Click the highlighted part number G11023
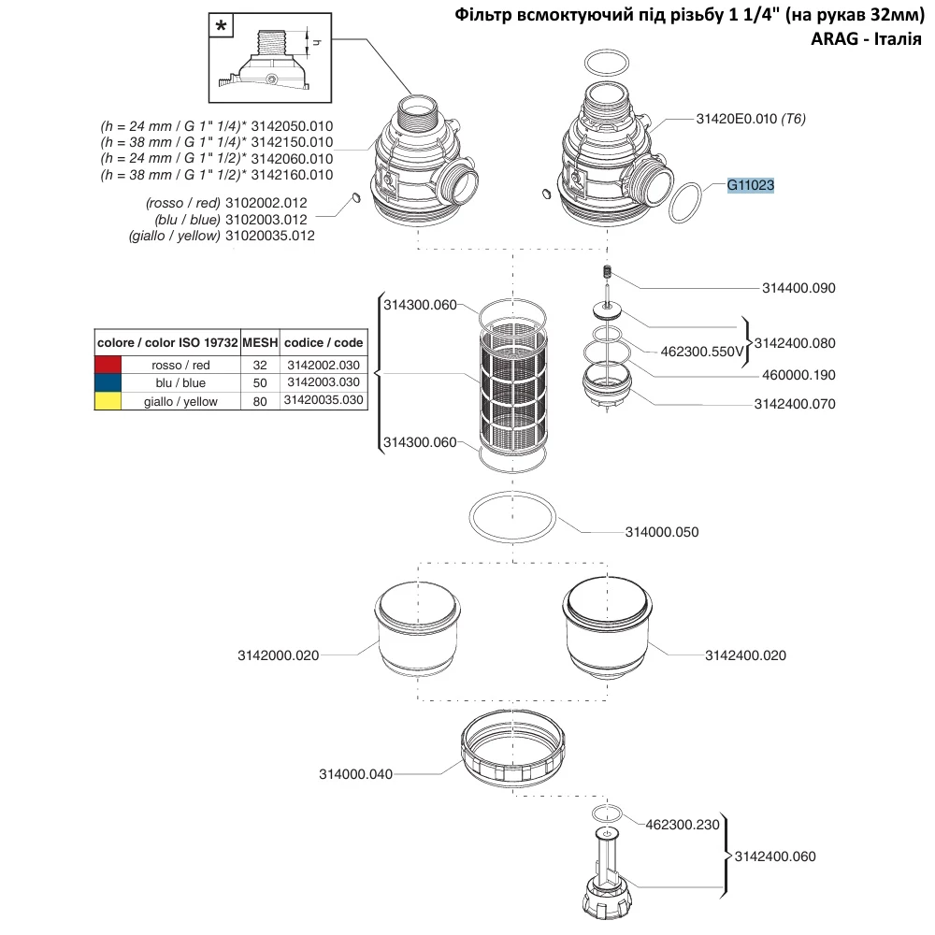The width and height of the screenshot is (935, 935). coord(750,185)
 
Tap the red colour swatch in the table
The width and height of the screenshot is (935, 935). coord(108,365)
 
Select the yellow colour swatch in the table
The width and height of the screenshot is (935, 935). coord(108,401)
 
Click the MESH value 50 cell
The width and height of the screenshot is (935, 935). coord(260,382)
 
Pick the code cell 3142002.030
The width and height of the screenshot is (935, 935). coord(324,365)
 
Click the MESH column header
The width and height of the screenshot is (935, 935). coord(260,342)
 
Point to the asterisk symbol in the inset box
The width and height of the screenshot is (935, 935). coord(222,26)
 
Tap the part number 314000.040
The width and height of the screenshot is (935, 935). coord(355,774)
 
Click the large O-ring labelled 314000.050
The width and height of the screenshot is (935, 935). coord(512,517)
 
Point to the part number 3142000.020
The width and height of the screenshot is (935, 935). coord(278,655)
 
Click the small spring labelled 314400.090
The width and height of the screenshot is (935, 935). coord(608,272)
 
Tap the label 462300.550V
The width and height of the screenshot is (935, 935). coord(702,352)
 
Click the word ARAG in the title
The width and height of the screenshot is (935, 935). coord(835,39)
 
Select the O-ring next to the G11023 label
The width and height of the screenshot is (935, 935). coord(685,203)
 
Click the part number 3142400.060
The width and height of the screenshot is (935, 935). coord(775,856)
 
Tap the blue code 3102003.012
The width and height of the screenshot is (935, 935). coord(266,220)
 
